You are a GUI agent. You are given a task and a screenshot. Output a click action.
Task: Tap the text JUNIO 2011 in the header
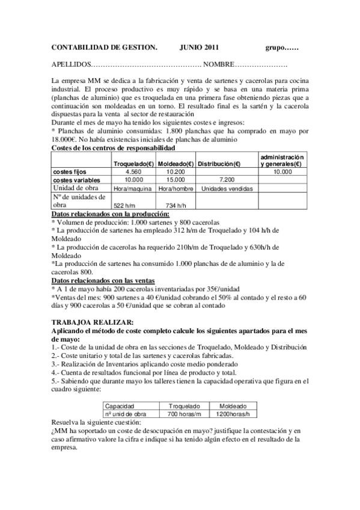click(199, 47)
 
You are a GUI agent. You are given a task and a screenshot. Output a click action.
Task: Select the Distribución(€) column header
click(220, 164)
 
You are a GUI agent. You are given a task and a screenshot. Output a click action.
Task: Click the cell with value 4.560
click(133, 171)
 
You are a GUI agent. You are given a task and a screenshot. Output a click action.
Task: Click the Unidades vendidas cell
click(227, 188)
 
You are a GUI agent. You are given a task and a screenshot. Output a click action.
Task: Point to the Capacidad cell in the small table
click(120, 406)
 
